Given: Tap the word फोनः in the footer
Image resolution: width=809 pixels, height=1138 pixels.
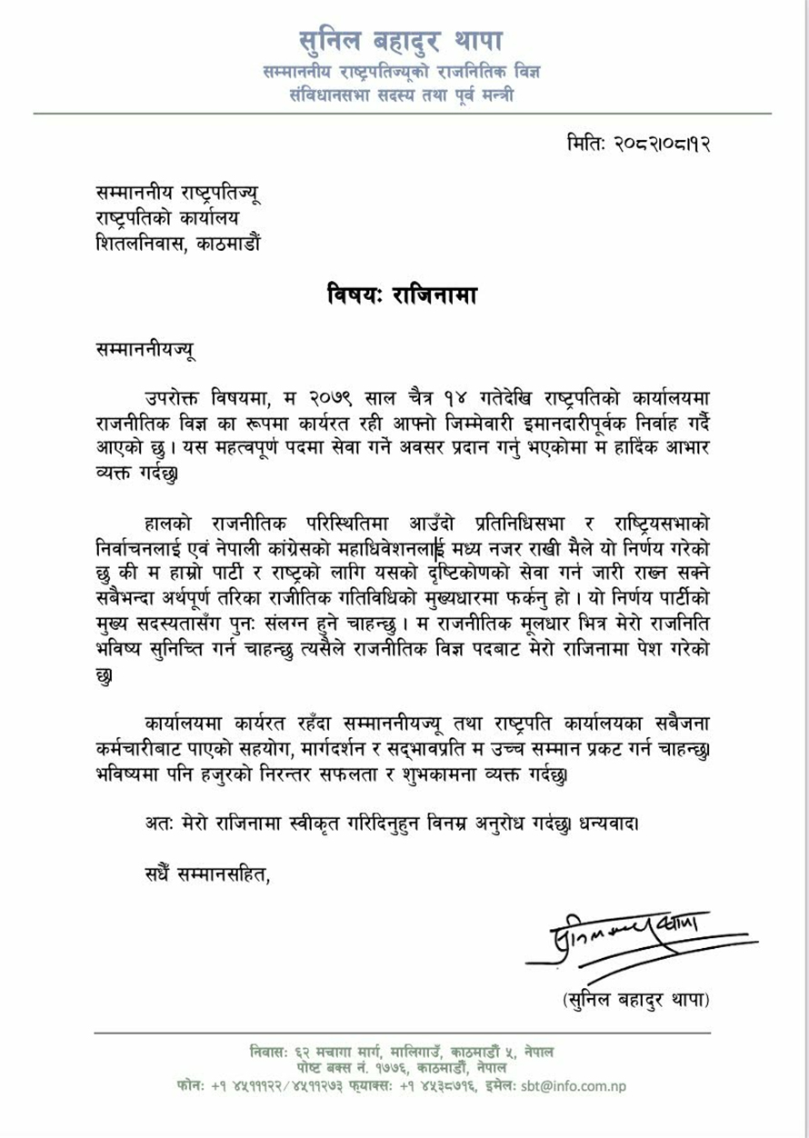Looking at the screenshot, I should click(x=192, y=1085).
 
